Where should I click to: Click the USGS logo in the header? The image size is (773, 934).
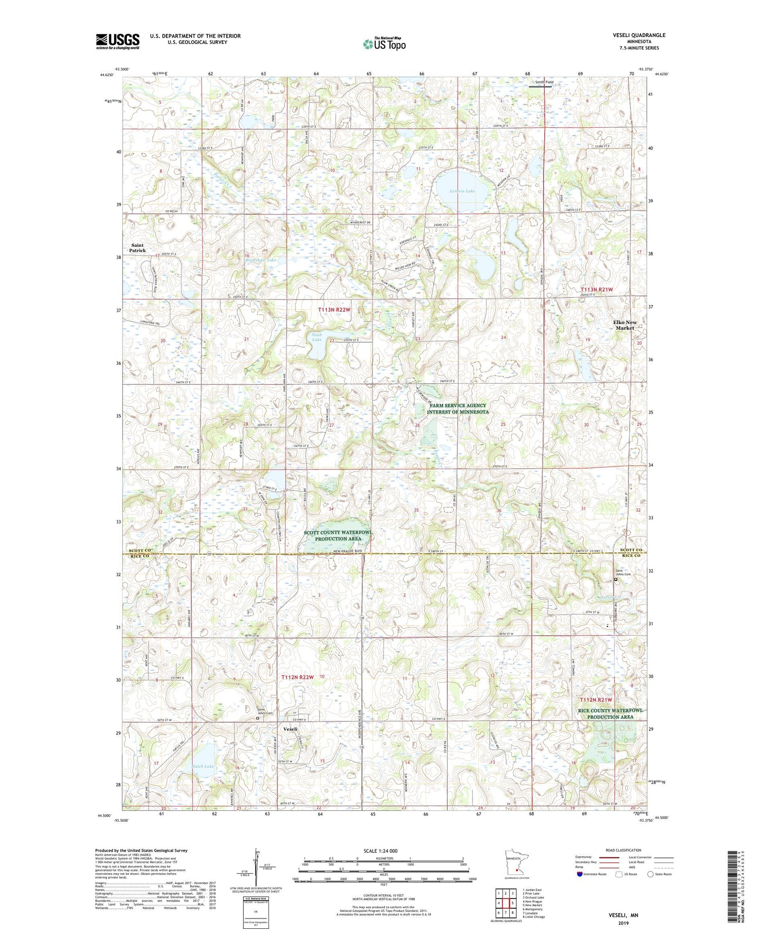pyautogui.click(x=117, y=41)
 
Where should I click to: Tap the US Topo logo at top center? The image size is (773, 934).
pyautogui.click(x=383, y=44)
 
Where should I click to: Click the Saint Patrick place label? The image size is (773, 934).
pyautogui.click(x=138, y=248)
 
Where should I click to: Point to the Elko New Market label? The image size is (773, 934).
pyautogui.click(x=625, y=325)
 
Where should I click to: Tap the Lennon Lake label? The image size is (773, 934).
pyautogui.click(x=462, y=191)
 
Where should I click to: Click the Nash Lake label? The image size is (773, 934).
pyautogui.click(x=316, y=337)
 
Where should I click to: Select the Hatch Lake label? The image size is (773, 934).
pyautogui.click(x=203, y=767)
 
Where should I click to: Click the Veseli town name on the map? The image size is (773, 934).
pyautogui.click(x=290, y=729)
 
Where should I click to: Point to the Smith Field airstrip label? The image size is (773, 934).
pyautogui.click(x=544, y=82)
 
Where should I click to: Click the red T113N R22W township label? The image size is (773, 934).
pyautogui.click(x=334, y=310)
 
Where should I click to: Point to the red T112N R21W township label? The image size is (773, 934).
pyautogui.click(x=596, y=700)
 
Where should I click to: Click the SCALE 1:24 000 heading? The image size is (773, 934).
pyautogui.click(x=383, y=851)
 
